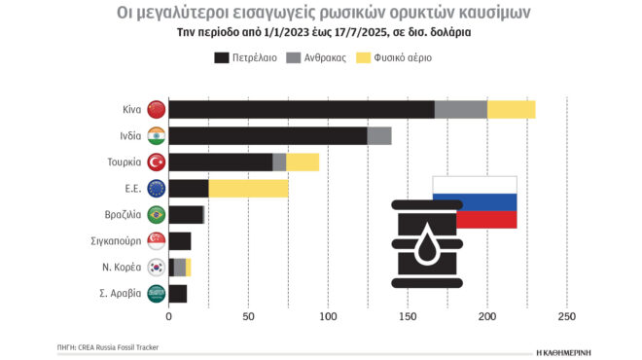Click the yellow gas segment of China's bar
click(x=511, y=110)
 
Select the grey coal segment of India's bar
click(x=379, y=136)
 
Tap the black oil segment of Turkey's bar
click(x=221, y=162)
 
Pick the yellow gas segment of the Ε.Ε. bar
click(x=248, y=189)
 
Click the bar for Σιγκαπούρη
click(x=180, y=241)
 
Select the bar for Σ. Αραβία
click(x=178, y=293)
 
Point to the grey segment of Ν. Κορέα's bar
click(x=180, y=268)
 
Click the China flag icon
click(x=156, y=110)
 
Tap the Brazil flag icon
click(x=156, y=215)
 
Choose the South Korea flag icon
click(x=156, y=268)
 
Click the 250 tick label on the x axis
click(x=567, y=317)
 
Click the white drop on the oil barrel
click(x=428, y=243)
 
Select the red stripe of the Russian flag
click(x=486, y=220)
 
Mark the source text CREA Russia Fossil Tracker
click(x=122, y=346)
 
